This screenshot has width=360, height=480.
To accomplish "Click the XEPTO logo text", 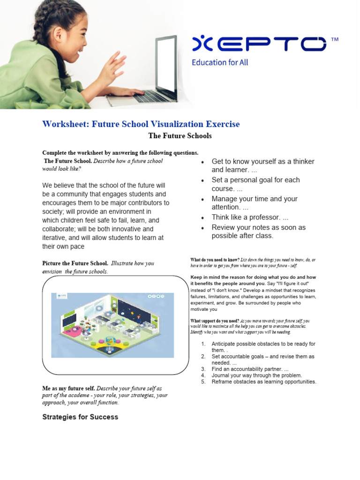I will click(x=259, y=44).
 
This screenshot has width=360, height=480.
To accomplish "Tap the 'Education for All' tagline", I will click(x=220, y=62).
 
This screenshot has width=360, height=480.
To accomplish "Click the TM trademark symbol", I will click(x=334, y=40).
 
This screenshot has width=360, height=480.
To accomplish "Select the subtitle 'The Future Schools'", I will click(x=180, y=136).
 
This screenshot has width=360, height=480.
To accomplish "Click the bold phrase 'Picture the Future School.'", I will click(x=75, y=263).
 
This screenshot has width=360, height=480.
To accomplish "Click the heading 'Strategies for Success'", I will click(x=80, y=417).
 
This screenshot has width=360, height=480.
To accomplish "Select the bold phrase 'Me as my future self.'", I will click(x=68, y=389).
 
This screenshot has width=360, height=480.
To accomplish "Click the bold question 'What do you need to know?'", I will click(x=215, y=260).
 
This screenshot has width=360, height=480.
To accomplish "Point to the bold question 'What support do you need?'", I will click(x=214, y=321).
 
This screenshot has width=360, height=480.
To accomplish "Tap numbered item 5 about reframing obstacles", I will click(x=263, y=382).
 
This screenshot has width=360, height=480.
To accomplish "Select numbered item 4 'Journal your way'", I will click(x=256, y=375).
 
